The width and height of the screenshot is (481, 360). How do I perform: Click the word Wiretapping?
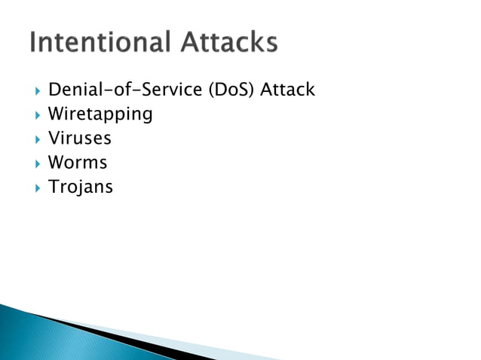tap(100, 115)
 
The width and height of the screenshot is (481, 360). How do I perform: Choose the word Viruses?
tap(79, 139)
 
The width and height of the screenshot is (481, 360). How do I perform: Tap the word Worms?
tap(78, 163)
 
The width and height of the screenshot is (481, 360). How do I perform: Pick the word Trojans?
tap(80, 187)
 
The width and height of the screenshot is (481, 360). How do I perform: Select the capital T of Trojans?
tap(53, 186)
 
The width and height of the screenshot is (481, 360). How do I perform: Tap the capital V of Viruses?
tap(54, 139)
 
